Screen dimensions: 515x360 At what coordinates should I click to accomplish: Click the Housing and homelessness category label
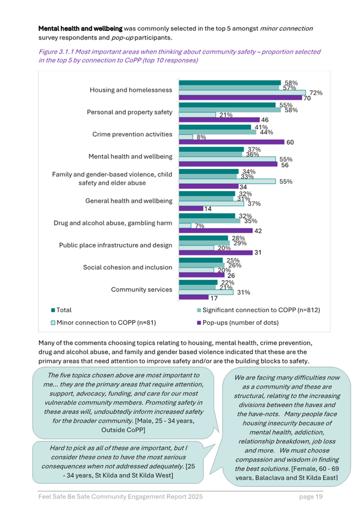point(130,90)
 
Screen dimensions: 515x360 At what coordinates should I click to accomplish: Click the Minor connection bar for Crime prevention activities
point(185,137)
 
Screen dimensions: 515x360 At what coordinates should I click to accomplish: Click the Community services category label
point(141,290)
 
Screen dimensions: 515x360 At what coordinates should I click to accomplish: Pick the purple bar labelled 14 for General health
point(191,209)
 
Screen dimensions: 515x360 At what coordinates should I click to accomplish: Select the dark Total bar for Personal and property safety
point(227,105)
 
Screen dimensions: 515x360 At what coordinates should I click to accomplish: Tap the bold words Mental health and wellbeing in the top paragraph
point(80,28)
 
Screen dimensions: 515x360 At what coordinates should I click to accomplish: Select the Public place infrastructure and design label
point(116,245)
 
